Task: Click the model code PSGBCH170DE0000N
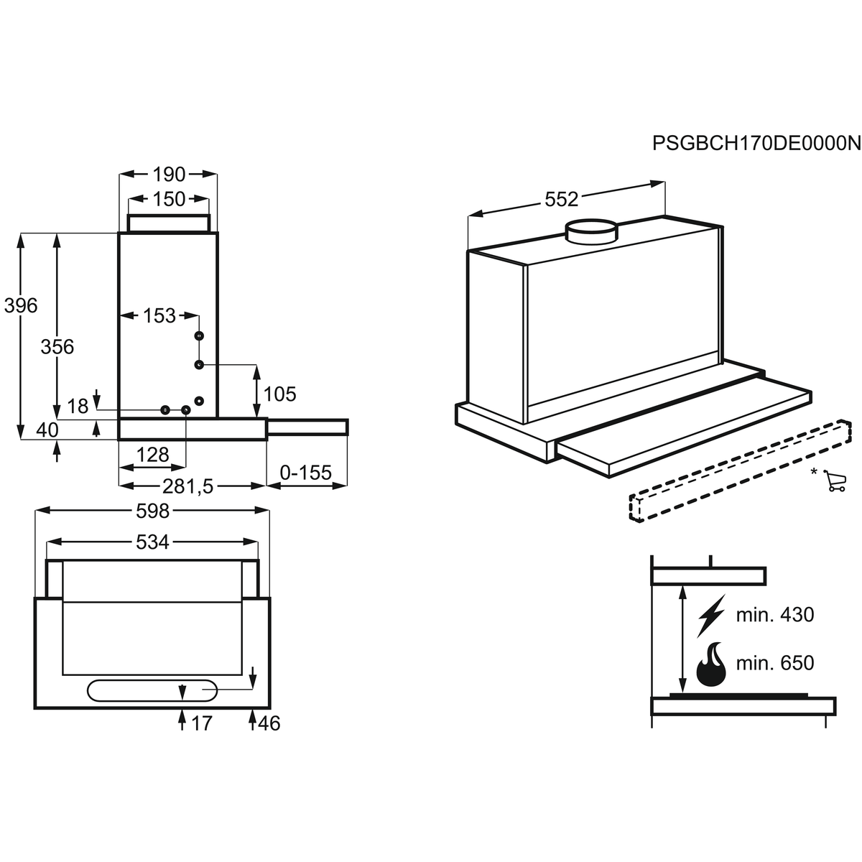(x=756, y=144)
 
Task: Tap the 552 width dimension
(x=562, y=199)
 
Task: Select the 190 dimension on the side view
(x=169, y=175)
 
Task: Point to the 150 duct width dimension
(x=169, y=199)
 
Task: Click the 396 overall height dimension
(x=21, y=305)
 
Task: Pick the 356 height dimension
(x=57, y=347)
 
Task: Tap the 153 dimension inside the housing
(x=159, y=316)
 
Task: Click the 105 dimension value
(x=279, y=394)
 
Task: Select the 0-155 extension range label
(x=305, y=473)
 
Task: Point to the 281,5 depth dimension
(x=188, y=487)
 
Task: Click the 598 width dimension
(x=152, y=511)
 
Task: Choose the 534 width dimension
(x=152, y=542)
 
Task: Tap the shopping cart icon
(x=834, y=481)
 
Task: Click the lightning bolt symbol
(x=711, y=616)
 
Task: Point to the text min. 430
(x=775, y=615)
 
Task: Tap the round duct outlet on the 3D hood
(x=592, y=232)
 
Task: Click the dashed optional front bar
(x=740, y=470)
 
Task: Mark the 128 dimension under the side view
(x=152, y=455)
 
